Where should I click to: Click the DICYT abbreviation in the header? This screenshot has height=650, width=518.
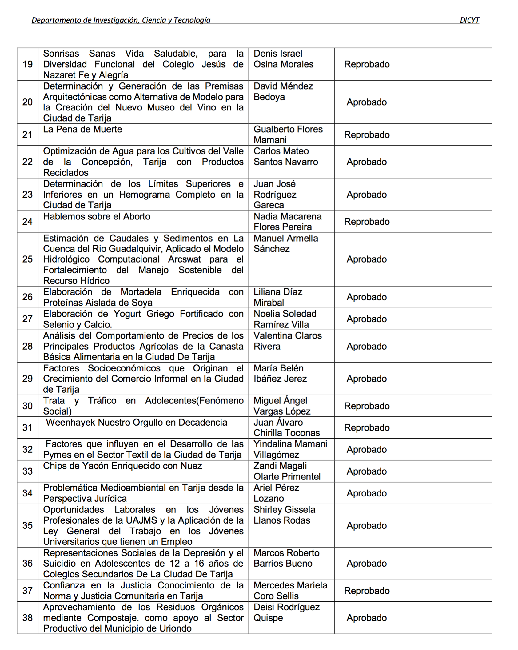[469, 20]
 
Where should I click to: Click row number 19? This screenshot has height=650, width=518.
[27, 64]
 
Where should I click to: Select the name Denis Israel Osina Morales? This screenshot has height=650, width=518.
[283, 59]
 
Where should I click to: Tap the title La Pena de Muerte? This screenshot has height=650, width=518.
[82, 129]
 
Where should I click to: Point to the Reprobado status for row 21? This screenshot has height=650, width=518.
[367, 135]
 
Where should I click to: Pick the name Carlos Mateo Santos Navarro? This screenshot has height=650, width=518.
[285, 157]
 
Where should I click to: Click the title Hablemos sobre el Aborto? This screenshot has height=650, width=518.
[97, 217]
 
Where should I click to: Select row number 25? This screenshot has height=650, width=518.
[27, 259]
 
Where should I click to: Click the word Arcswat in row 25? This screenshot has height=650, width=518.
[185, 259]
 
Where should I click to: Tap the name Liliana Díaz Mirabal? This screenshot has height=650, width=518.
[278, 297]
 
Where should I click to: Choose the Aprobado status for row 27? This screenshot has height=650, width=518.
[367, 319]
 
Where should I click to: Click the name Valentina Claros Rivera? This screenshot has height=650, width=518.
[287, 341]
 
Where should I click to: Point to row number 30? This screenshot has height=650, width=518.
[27, 406]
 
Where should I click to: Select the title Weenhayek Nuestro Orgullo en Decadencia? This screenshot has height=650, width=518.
[137, 423]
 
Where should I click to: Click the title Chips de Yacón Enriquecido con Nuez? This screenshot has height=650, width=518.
[122, 466]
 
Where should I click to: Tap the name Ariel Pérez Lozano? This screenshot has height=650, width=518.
[276, 493]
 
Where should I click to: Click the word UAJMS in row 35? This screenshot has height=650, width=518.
[141, 520]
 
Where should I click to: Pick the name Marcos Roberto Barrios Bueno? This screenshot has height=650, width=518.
[286, 558]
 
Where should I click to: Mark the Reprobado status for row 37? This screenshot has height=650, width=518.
[367, 591]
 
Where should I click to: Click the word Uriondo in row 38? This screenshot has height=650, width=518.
[175, 628]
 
